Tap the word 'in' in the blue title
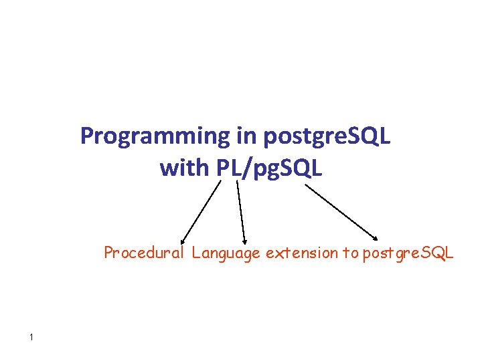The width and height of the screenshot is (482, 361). coord(245,136)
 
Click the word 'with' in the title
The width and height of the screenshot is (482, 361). coord(185,168)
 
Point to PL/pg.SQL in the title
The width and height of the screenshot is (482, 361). coord(270,169)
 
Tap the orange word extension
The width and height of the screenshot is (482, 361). coord(302,253)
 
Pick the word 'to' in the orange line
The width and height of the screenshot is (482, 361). coord(350,253)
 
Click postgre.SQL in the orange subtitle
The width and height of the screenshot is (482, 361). coord(408,253)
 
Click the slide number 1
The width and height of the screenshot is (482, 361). coord(31,337)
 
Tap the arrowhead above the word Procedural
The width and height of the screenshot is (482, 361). coord(182,239)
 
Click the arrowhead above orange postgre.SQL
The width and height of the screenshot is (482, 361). coord(377,236)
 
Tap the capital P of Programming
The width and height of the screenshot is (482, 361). coord(86,136)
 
